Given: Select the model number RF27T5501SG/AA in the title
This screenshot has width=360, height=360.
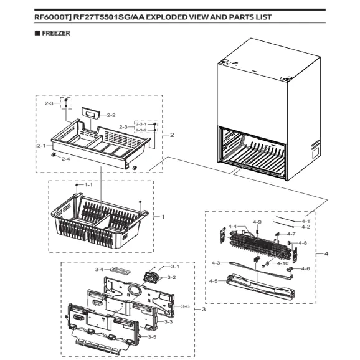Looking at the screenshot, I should click(x=110, y=17).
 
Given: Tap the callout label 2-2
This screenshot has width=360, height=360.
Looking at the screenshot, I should click(x=111, y=115).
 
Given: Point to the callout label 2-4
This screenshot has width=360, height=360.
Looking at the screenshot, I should click(x=65, y=159).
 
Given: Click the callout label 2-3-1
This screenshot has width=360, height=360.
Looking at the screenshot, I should click(x=141, y=124).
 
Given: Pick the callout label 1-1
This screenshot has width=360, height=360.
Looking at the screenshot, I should click(x=88, y=186).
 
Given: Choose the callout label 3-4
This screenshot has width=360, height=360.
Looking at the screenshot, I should click(x=98, y=270).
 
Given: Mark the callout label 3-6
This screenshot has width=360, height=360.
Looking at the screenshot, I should click(x=185, y=306).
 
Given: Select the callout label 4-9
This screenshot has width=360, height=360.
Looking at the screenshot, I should click(x=257, y=222).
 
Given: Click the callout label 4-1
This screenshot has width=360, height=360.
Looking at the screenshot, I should click(x=306, y=221).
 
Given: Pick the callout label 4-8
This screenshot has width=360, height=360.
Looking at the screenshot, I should click(x=303, y=243).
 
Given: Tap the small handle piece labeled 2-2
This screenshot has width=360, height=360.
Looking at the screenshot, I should click(x=91, y=113).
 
